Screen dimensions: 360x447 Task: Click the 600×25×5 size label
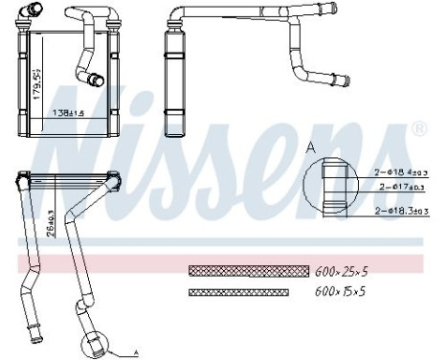pos(341,271)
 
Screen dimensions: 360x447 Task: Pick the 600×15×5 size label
pos(341,292)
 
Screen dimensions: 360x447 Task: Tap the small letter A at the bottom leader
pos(136,352)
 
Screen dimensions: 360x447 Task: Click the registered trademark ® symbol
pos(418,126)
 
